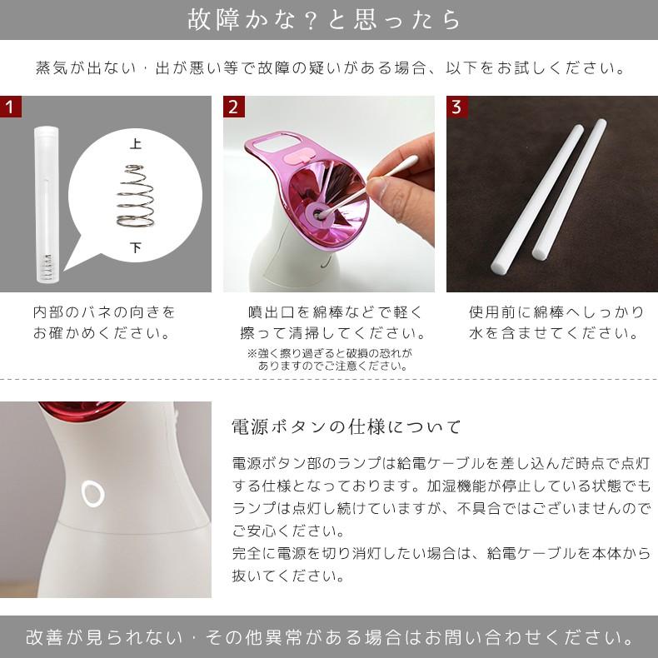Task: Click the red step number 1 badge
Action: [x=11, y=107]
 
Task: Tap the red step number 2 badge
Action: [x=234, y=107]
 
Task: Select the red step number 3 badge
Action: [x=457, y=107]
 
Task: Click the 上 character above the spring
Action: [x=135, y=144]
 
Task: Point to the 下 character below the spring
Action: [x=135, y=247]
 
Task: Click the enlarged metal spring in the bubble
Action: [x=135, y=196]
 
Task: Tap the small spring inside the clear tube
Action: [x=47, y=267]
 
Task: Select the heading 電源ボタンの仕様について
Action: [x=346, y=426]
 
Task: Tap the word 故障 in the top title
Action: [x=213, y=20]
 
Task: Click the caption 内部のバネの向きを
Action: [x=104, y=312]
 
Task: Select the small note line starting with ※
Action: [x=330, y=353]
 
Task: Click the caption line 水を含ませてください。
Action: [x=555, y=333]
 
